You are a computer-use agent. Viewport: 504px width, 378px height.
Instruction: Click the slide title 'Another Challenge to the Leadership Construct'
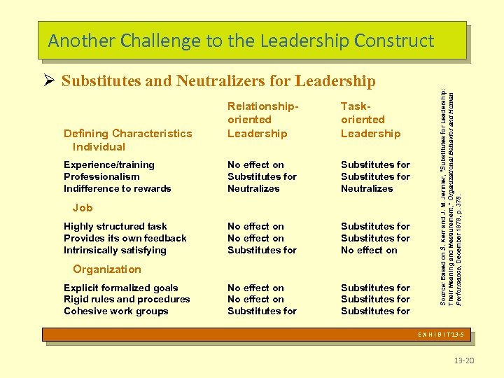coord(241,41)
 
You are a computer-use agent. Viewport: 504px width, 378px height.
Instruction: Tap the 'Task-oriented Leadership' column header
coord(370,120)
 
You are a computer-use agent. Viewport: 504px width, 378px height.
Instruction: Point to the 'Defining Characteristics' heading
coord(127,133)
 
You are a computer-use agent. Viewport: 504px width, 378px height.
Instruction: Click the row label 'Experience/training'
coord(108,164)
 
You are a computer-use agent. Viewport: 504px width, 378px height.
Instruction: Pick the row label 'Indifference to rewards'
coord(117,188)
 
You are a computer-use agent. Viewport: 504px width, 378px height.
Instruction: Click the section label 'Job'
coord(83,208)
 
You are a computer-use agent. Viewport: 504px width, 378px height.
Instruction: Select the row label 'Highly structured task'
coord(115,226)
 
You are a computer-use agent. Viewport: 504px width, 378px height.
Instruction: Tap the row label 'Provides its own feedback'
coord(125,238)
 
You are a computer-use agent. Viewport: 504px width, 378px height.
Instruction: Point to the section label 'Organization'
coord(106,269)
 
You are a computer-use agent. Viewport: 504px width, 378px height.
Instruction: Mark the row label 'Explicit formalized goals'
coord(120,288)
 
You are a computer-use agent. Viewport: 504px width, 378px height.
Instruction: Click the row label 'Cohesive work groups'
coord(115,311)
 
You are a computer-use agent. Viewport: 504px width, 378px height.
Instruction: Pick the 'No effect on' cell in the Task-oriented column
coord(369,250)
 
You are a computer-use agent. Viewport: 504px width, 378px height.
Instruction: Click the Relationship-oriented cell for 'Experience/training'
coord(255,164)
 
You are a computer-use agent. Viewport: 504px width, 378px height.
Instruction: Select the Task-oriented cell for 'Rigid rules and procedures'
coord(375,299)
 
